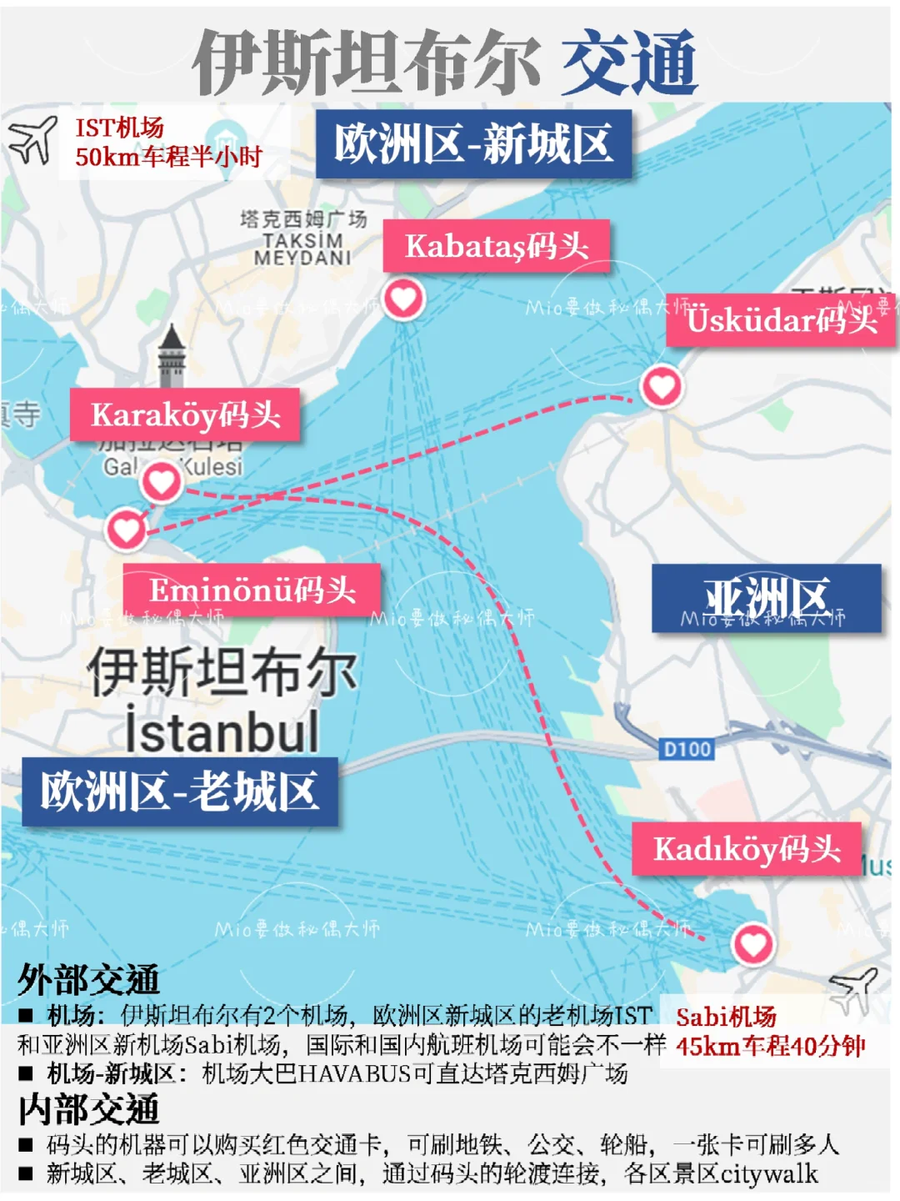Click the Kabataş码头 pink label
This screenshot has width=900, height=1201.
(x=496, y=246)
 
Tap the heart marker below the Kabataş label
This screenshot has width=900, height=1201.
(x=403, y=299)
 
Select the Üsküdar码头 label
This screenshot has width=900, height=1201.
(x=781, y=319)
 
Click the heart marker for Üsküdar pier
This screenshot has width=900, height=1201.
(x=662, y=386)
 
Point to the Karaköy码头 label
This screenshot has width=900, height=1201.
(x=185, y=415)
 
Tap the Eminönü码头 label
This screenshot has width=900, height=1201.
(x=252, y=590)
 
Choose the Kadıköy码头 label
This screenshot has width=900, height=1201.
(x=746, y=849)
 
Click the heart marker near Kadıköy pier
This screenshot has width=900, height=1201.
(x=752, y=944)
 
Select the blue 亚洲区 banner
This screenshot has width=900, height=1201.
(x=766, y=598)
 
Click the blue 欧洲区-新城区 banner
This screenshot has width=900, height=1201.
(x=472, y=143)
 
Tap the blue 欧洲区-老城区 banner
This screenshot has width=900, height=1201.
(x=179, y=791)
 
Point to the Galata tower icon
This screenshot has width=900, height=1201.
(x=172, y=357)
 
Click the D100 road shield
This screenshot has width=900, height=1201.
(x=687, y=749)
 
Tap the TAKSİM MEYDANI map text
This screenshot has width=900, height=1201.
(x=302, y=249)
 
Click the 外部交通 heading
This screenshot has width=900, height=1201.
(x=88, y=980)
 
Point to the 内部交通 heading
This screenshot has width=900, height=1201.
(x=88, y=1110)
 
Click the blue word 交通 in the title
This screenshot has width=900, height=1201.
(x=629, y=63)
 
